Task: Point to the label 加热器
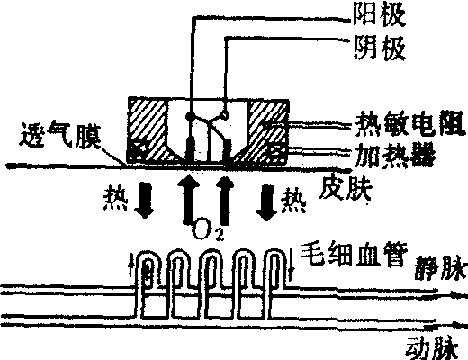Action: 394,155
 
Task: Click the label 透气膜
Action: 60,137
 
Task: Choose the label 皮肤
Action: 346,188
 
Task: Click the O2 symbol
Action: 207,231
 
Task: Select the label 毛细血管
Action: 354,256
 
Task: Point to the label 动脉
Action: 432,348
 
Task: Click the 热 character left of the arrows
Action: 115,201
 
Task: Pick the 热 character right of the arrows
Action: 293,201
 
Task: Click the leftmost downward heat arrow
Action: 144,201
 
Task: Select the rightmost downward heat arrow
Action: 266,202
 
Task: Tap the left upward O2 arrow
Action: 189,200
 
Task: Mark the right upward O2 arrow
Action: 224,201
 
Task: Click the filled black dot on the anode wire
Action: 190,115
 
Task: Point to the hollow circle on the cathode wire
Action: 225,114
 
